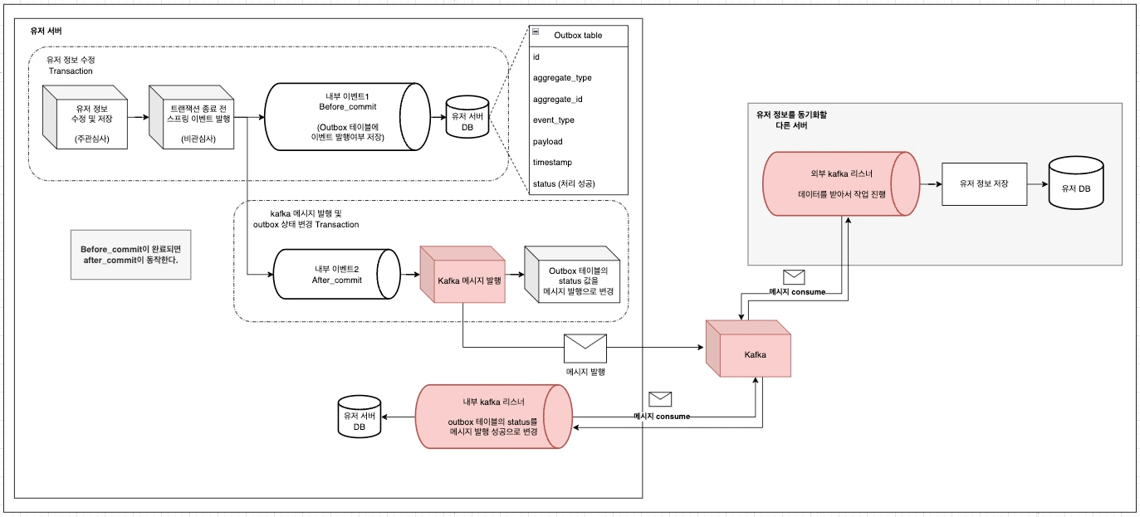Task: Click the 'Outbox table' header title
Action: pos(578,36)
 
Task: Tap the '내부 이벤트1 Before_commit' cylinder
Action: pos(346,117)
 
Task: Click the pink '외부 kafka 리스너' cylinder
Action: pos(841,183)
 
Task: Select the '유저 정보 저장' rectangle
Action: pos(984,183)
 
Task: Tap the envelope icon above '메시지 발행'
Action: pos(585,348)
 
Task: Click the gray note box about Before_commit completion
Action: pos(130,255)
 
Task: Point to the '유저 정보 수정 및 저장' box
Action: pos(86,116)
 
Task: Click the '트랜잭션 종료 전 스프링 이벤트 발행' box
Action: pos(192,116)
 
